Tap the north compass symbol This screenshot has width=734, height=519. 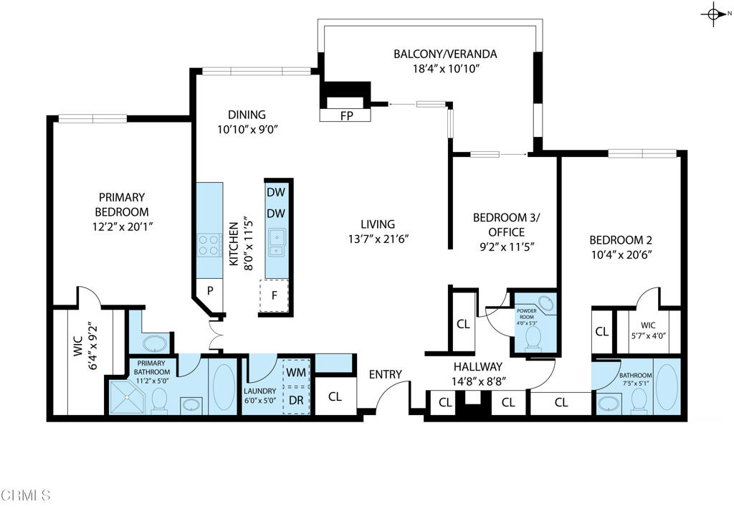pos(715,14)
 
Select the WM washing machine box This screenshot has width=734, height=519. pos(296,372)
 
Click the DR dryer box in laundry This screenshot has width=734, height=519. pos(296,399)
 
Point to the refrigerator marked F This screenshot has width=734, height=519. pos(273,295)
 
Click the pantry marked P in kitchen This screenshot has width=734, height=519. pos(211,290)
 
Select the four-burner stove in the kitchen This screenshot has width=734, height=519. pos(209,245)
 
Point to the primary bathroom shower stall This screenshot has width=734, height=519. pos(127,398)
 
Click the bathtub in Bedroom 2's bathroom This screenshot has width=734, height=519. pos(666,388)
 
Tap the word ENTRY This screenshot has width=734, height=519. pos(385,374)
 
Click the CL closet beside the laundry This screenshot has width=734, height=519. pos(335,396)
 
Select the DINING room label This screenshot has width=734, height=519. pos(247,115)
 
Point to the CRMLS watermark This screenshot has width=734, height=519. pos(26,495)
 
